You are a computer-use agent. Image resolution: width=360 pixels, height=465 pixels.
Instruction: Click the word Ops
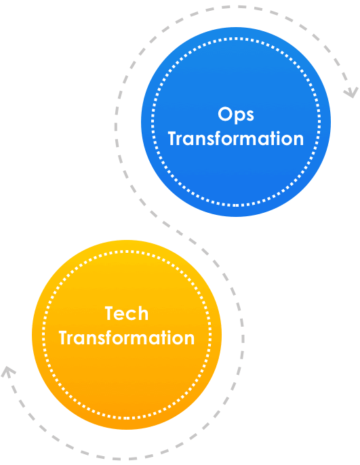coord(236,115)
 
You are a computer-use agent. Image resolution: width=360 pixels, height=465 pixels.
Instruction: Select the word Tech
coord(127,313)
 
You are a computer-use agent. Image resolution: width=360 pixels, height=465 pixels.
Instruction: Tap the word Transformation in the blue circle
coord(236,138)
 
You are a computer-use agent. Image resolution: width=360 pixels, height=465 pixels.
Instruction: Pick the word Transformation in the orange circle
coord(127,338)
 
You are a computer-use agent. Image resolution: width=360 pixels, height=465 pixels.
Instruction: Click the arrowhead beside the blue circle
coord(351,92)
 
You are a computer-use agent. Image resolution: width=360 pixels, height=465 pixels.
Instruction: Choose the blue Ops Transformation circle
coord(236,121)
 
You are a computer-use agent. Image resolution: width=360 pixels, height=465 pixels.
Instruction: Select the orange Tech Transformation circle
coord(127,335)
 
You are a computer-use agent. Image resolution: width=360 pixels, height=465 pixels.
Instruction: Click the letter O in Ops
coord(225,114)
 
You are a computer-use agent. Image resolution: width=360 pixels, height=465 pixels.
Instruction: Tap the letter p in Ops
coord(239,117)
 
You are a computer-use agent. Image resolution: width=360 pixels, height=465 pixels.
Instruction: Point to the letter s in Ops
coord(250,116)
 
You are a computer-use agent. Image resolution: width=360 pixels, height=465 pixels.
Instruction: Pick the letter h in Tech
coord(143,313)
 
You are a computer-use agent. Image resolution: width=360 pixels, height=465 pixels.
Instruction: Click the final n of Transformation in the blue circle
coord(299,140)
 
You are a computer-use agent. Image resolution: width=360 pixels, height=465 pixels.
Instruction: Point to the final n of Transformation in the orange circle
coord(190,340)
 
